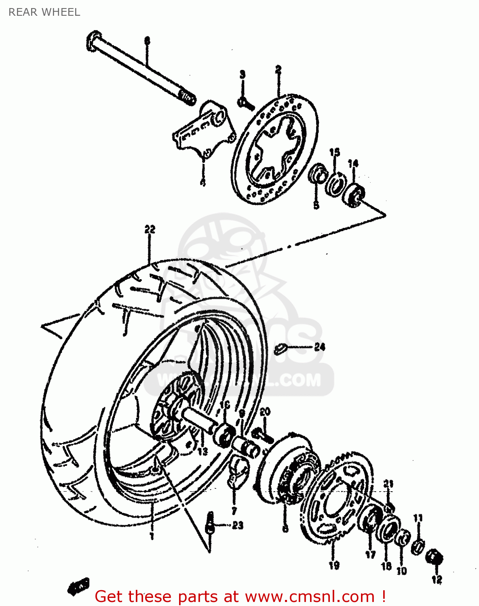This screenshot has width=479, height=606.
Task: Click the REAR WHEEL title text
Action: pyautogui.click(x=44, y=12)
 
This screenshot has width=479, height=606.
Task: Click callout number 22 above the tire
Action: pyautogui.click(x=150, y=229)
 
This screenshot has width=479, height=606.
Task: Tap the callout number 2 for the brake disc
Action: pyautogui.click(x=278, y=69)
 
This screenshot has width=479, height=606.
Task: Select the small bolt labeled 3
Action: pyautogui.click(x=245, y=104)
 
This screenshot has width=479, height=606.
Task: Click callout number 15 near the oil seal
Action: pyautogui.click(x=334, y=153)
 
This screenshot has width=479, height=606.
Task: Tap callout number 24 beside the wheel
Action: pyautogui.click(x=319, y=347)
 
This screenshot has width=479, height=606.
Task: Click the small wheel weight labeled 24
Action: pyautogui.click(x=280, y=349)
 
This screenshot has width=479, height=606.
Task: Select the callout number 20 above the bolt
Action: pyautogui.click(x=265, y=412)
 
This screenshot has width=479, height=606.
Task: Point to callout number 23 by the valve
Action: pyautogui.click(x=237, y=525)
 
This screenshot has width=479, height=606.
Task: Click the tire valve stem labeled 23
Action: pyautogui.click(x=210, y=523)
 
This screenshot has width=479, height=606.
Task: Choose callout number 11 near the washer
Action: pyautogui.click(x=418, y=518)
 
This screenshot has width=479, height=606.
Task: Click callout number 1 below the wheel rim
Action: pyautogui.click(x=152, y=536)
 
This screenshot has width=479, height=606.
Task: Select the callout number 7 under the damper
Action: pyautogui.click(x=234, y=511)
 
